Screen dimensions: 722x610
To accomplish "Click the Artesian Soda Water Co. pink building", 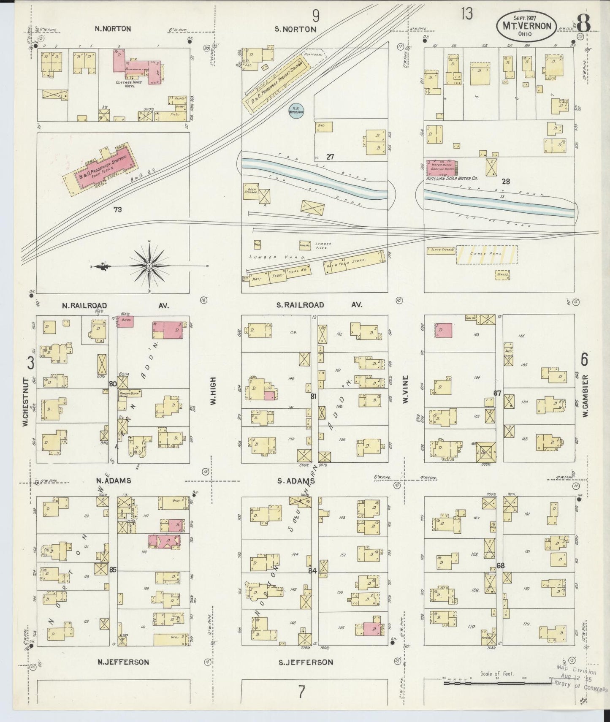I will [442, 168].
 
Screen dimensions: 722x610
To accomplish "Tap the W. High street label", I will [213, 391].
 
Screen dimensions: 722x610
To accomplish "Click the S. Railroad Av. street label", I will [318, 305].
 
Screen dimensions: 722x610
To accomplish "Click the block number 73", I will [117, 209].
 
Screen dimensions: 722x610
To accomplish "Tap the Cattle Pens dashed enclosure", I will [487, 255].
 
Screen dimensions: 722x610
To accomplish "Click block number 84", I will [312, 571].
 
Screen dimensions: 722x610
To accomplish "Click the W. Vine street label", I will [406, 389].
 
